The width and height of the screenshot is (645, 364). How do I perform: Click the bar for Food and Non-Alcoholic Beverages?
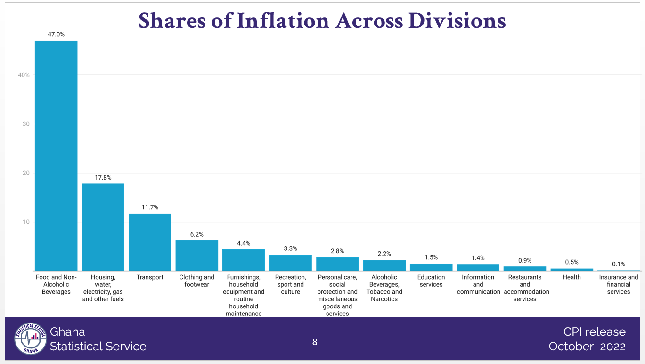coord(56,156)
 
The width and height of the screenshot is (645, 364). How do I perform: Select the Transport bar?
coord(150,242)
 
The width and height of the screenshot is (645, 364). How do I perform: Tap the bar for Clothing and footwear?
coord(196,255)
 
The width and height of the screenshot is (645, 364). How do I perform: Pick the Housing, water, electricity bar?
coord(103,227)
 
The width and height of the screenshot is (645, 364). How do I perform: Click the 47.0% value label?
coord(56,34)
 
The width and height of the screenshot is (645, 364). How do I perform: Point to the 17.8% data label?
coord(103,178)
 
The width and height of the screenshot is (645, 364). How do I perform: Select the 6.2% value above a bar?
coord(196,234)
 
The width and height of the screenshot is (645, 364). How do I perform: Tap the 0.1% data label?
coord(618,264)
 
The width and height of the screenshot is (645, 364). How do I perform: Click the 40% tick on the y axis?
coord(24,75)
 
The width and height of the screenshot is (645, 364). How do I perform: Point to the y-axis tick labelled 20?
coord(26,173)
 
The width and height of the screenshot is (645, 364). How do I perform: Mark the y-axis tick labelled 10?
coord(26,222)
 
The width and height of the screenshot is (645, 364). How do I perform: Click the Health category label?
coord(572,277)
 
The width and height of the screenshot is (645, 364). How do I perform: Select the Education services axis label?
coord(431,281)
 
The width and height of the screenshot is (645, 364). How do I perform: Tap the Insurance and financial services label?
coord(618,284)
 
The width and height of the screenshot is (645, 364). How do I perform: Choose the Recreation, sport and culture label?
coord(290,284)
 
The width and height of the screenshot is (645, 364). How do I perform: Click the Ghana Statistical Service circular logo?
coord(31,338)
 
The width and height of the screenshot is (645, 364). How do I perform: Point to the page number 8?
coord(315,342)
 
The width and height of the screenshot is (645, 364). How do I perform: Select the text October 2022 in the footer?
coord(587,347)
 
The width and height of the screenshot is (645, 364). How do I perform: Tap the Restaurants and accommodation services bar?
coord(524,268)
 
